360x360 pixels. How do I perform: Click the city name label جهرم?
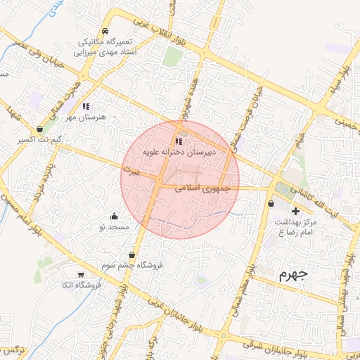[293, 274]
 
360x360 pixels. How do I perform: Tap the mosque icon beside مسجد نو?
[115, 216]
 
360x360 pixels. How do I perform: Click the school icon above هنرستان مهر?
[86, 106]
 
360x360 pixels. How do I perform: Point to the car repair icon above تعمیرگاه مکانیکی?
[104, 32]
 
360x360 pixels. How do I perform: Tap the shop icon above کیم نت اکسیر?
[39, 129]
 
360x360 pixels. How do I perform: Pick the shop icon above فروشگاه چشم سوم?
[131, 255]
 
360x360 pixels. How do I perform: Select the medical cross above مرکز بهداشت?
[295, 211]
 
